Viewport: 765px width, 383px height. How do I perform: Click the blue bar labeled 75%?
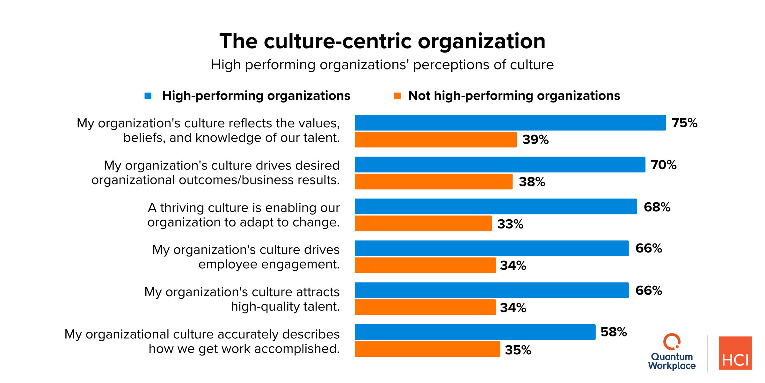click(510, 123)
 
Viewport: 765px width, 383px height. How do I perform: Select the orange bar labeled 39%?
click(435, 139)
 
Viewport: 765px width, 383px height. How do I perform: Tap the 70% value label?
click(663, 165)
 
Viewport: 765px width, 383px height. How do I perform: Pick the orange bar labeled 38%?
click(433, 181)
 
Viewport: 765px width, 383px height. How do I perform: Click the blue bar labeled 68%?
click(496, 207)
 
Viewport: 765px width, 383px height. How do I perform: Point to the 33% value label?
click(510, 224)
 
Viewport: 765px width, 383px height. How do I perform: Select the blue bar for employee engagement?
click(492, 248)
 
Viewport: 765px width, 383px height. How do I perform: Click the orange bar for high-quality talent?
click(425, 307)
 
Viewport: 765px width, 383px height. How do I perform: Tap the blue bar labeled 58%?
click(475, 332)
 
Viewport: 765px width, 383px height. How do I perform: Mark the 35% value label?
click(518, 350)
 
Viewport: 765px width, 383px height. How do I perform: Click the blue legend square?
click(148, 96)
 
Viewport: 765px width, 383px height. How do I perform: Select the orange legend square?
click(397, 96)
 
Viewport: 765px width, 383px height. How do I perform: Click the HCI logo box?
click(735, 353)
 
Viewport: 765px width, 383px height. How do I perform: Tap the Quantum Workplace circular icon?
click(672, 342)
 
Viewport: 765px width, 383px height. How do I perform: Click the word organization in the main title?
click(481, 41)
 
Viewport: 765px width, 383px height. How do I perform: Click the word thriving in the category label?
click(182, 208)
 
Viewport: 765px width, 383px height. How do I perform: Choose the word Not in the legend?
click(419, 96)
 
